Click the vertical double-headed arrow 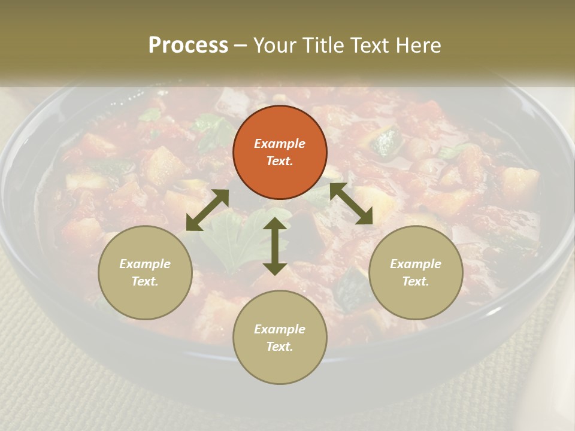click(275, 246)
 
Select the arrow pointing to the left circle click(207, 210)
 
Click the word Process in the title click(188, 45)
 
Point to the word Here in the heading click(417, 45)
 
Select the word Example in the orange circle click(280, 144)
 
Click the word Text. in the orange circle click(280, 161)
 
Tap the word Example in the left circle click(145, 264)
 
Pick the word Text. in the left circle click(145, 281)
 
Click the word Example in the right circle click(416, 264)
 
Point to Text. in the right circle click(416, 281)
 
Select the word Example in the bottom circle click(280, 329)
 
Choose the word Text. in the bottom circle click(280, 347)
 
